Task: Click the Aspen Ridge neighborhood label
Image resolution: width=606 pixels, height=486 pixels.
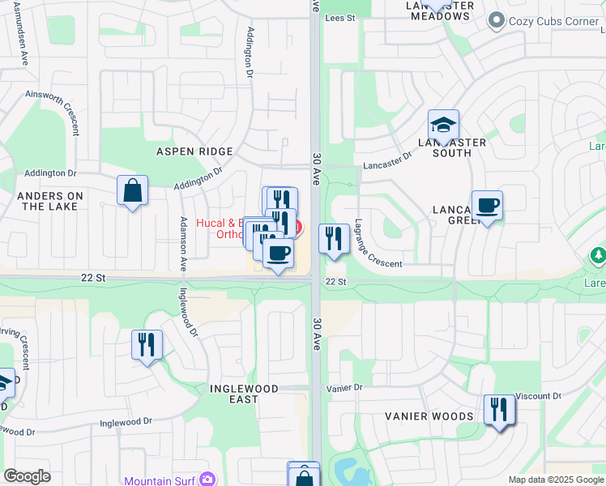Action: click(x=194, y=151)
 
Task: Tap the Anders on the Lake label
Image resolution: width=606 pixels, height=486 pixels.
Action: click(x=50, y=201)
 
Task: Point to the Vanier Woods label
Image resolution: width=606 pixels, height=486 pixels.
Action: click(x=429, y=416)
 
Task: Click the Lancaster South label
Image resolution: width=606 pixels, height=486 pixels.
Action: click(x=459, y=147)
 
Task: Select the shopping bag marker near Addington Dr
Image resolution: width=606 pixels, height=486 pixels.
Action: click(x=132, y=191)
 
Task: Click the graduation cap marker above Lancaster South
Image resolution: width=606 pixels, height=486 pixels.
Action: click(x=443, y=126)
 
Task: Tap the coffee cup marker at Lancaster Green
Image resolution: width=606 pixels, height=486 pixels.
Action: click(x=486, y=206)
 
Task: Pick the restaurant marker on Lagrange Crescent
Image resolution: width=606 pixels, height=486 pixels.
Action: click(x=334, y=239)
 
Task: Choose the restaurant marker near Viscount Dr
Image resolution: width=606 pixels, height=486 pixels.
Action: click(x=499, y=409)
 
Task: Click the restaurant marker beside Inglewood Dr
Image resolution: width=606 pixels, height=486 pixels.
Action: click(x=147, y=345)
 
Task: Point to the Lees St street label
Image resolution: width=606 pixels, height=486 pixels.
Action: click(x=340, y=17)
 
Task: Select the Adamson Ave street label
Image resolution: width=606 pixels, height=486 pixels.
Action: click(x=184, y=244)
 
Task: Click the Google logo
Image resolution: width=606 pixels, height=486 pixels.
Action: click(x=28, y=476)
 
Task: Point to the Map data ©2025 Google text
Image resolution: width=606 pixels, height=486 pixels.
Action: click(x=555, y=480)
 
